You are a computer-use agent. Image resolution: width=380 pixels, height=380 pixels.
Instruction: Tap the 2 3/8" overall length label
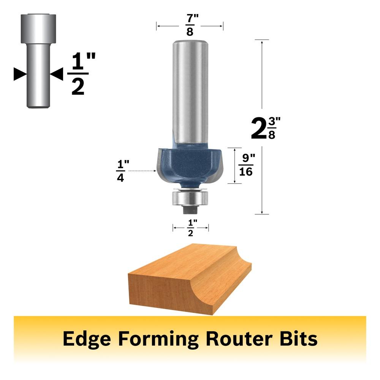point(266,128)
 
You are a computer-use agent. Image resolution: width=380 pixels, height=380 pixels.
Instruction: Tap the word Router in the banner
point(239,338)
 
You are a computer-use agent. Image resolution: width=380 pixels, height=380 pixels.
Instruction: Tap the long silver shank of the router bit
point(190,92)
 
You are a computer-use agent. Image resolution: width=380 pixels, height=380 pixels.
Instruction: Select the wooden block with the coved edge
point(190,279)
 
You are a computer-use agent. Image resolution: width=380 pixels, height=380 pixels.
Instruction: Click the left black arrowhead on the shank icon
point(20,74)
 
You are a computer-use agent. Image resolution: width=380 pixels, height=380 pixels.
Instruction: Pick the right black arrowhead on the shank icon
point(57,74)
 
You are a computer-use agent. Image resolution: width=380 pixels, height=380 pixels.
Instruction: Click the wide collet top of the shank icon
point(38,28)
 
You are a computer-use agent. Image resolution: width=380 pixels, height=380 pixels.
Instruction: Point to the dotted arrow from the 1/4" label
point(142,171)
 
